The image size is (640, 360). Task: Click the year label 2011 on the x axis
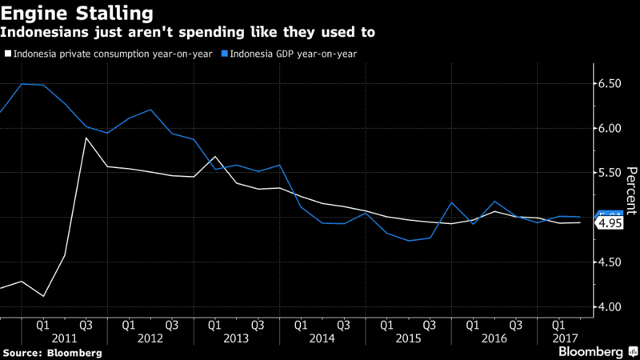click(65, 338)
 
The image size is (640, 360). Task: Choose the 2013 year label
click(236, 338)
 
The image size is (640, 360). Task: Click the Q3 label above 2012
click(172, 326)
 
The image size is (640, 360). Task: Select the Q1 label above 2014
click(301, 326)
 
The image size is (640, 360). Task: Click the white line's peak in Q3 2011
click(86, 138)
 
